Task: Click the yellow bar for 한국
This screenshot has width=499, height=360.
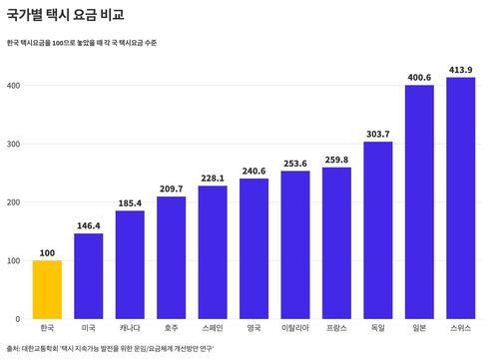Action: pos(47,289)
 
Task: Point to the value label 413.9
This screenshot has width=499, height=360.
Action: pos(460,70)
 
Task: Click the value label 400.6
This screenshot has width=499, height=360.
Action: pos(419,78)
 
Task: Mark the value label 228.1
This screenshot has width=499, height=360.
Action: pos(213,179)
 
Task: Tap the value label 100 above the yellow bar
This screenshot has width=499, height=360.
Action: pos(47,252)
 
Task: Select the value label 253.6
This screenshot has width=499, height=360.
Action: pos(295,164)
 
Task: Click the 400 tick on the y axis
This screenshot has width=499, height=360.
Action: pos(14,86)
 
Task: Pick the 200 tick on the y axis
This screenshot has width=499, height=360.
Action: pos(14,202)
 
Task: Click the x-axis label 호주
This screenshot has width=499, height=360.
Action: pos(171,328)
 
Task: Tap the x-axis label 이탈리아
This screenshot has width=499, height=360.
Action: pos(295,328)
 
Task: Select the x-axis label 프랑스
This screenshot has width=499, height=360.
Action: pos(336,328)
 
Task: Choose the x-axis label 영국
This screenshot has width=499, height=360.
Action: pos(253,328)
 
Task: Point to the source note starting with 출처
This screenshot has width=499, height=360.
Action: pos(110,349)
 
